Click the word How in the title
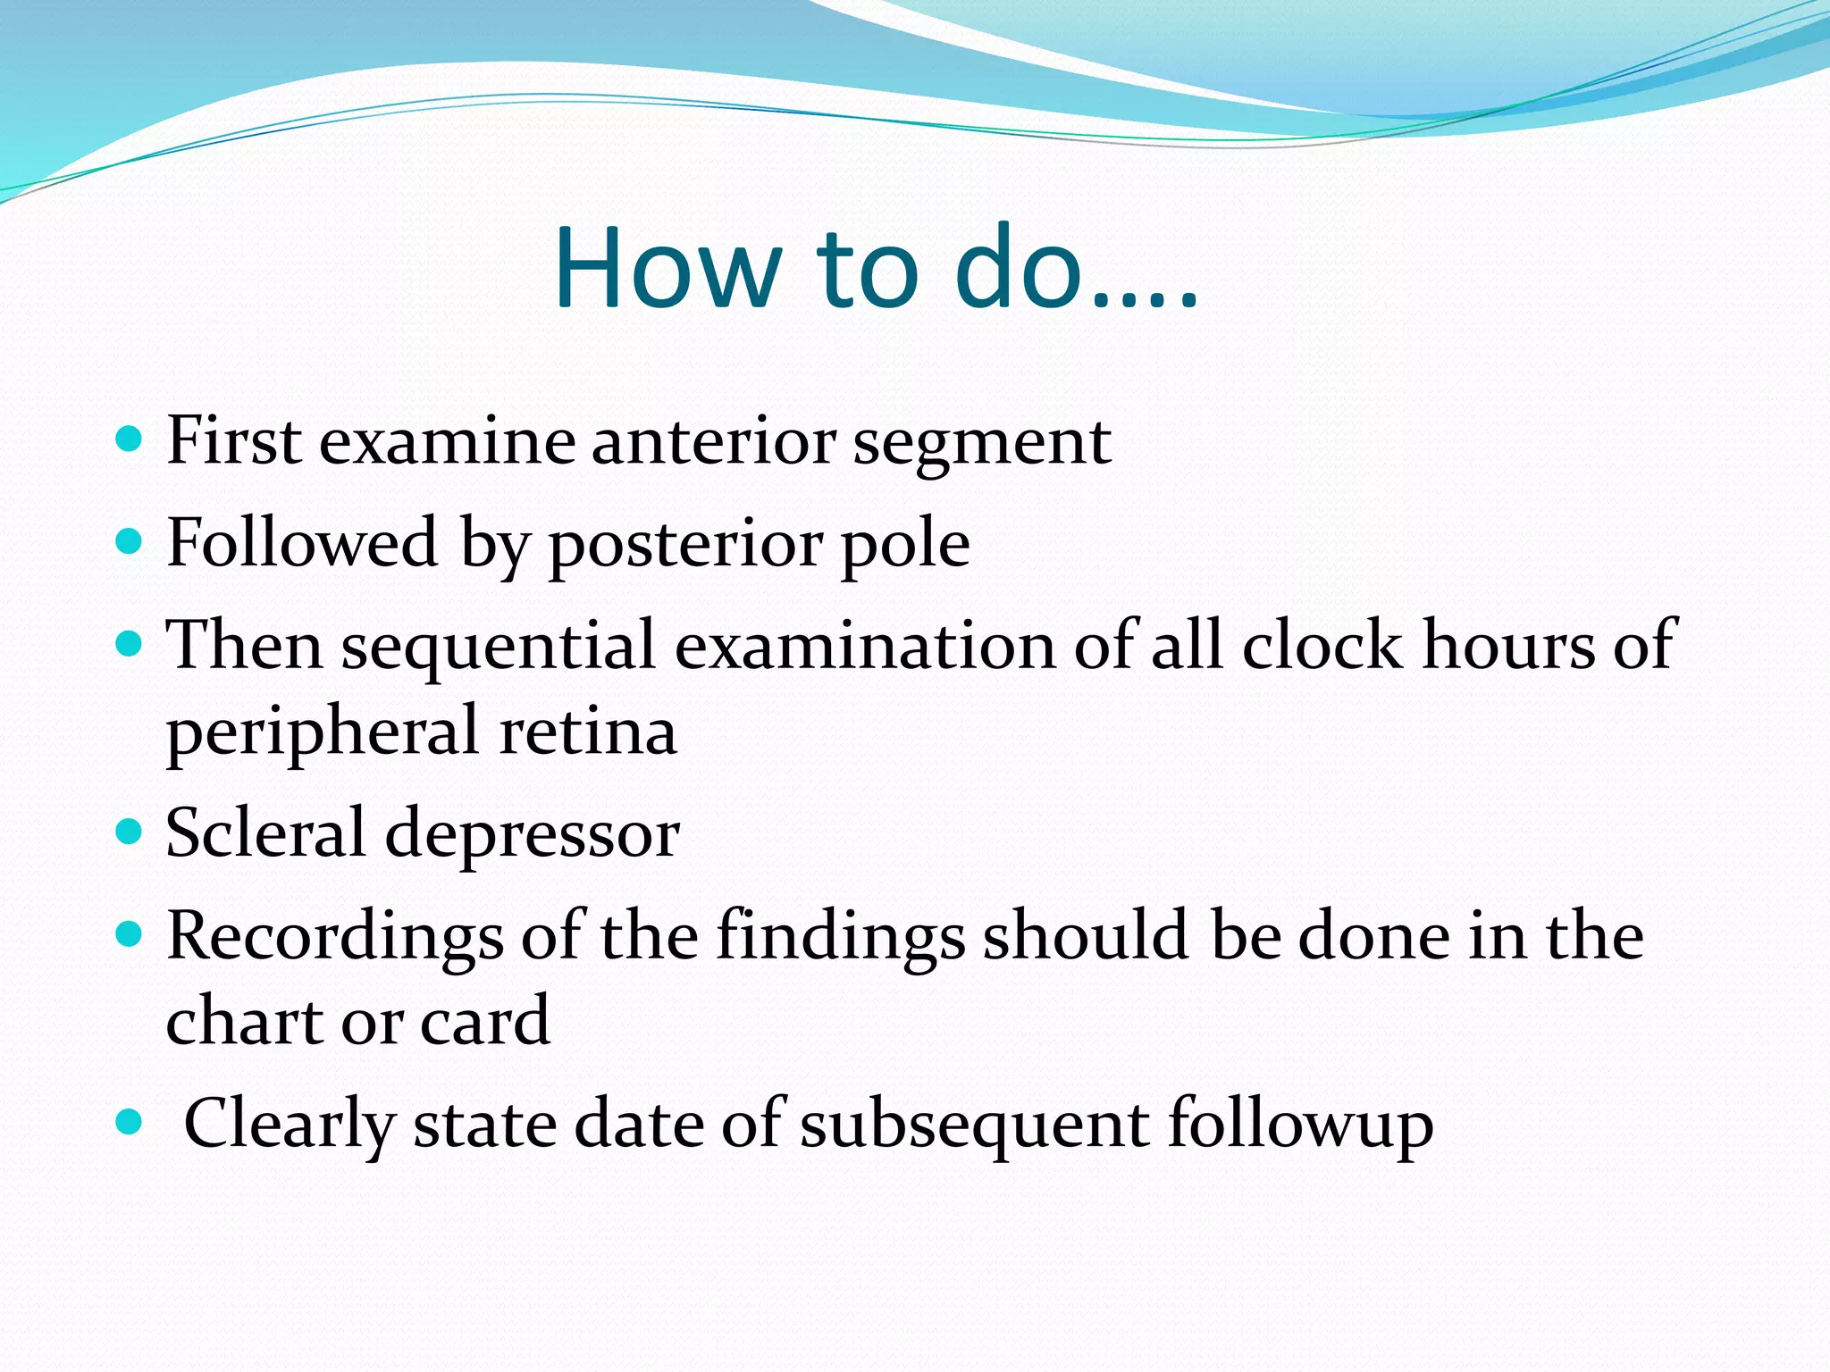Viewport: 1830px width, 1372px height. (x=664, y=268)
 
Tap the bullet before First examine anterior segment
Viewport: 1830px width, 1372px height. (x=130, y=439)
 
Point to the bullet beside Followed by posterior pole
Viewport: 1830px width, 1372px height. (x=130, y=540)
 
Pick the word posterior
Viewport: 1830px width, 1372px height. (x=684, y=546)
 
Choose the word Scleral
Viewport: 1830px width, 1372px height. (x=265, y=832)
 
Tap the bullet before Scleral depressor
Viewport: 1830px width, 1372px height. (x=130, y=832)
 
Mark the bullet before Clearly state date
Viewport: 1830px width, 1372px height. (x=130, y=1121)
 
